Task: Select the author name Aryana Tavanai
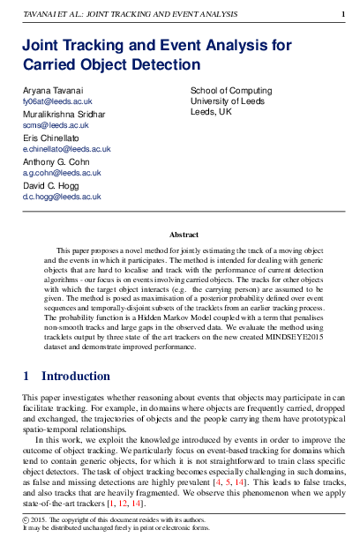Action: coord(54,91)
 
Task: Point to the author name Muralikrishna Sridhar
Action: coord(64,115)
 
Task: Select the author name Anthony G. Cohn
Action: coord(57,161)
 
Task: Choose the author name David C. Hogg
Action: coord(51,185)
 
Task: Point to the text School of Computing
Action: coord(230,91)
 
